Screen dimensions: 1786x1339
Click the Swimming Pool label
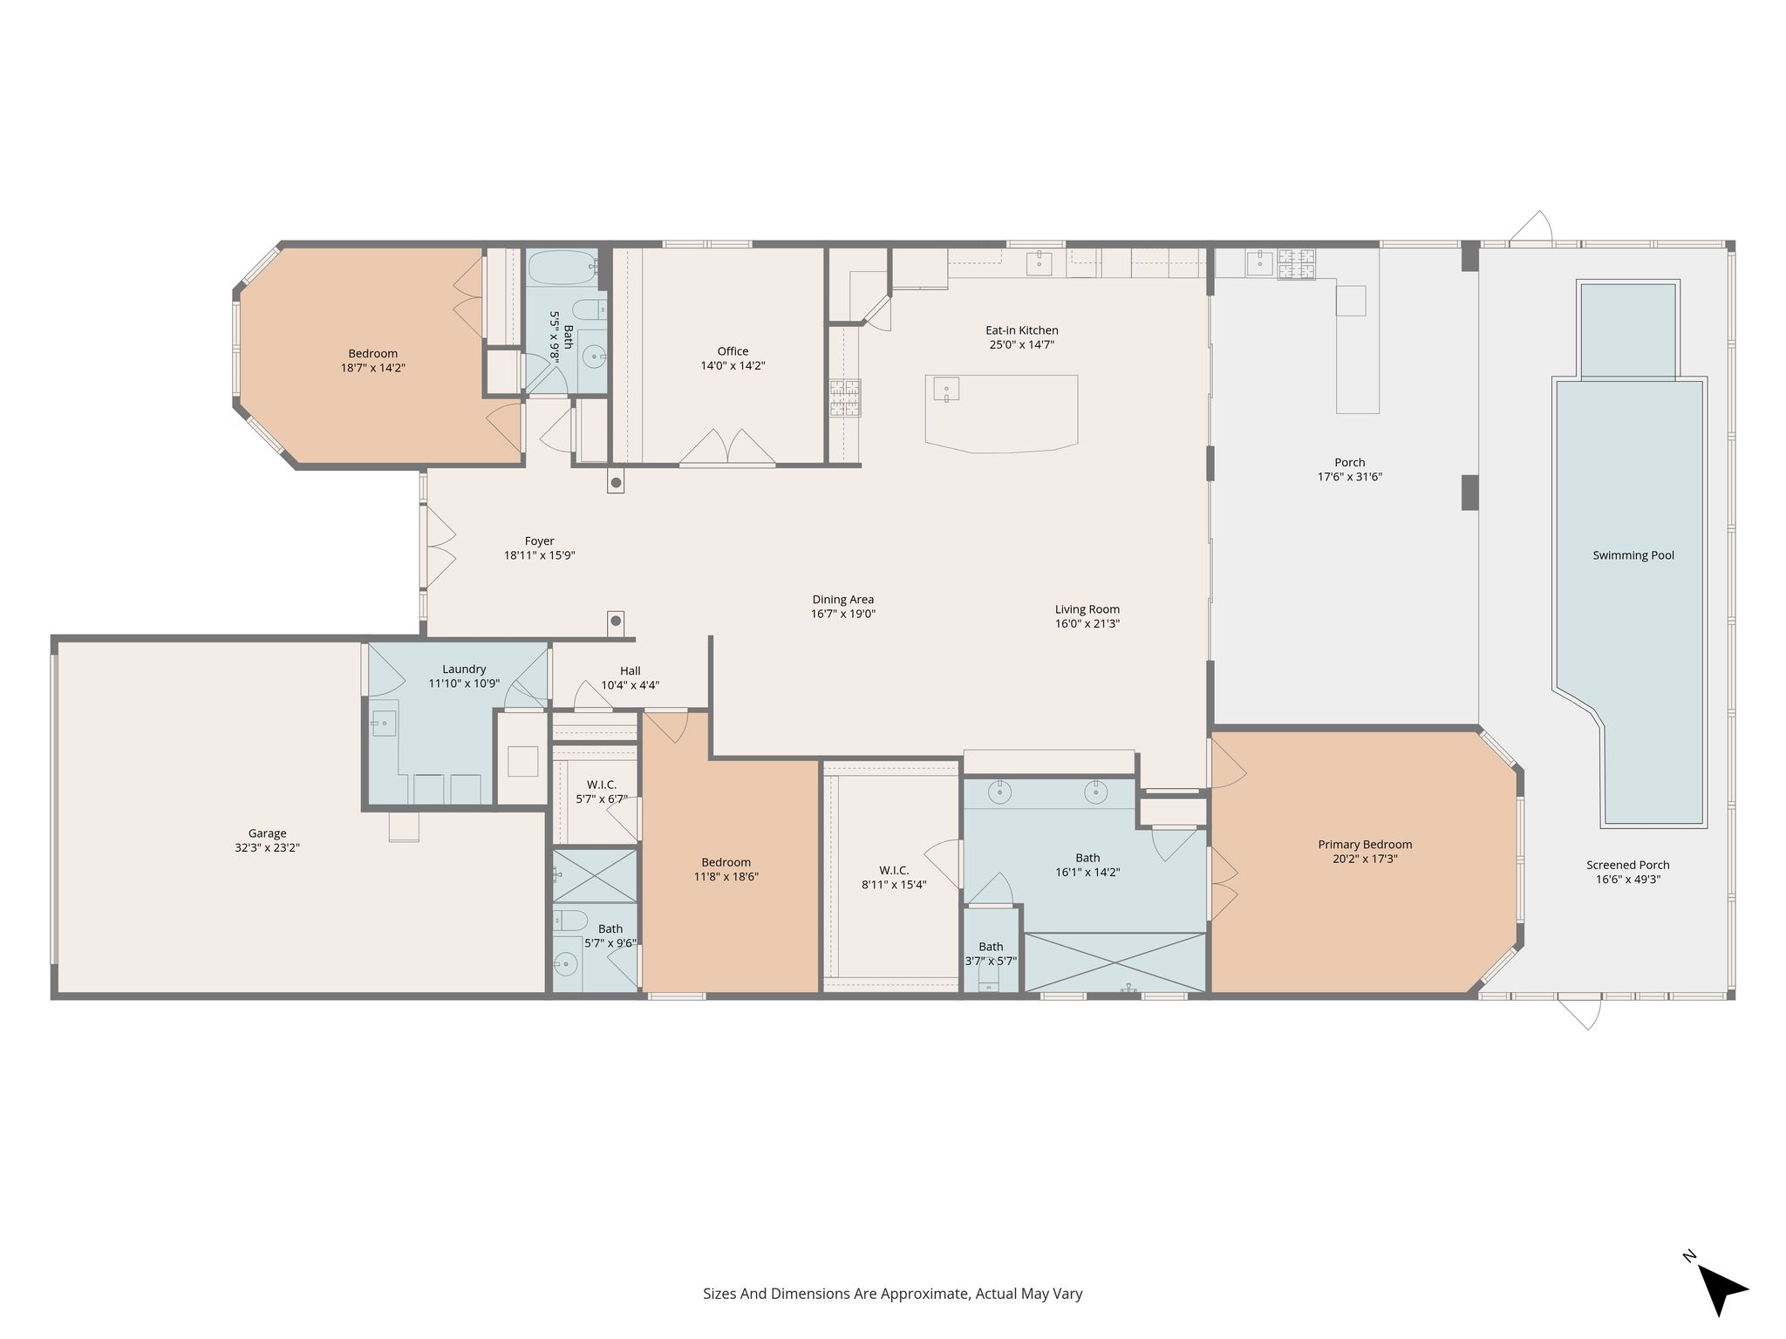pyautogui.click(x=1633, y=555)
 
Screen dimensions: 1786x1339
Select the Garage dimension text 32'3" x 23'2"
pyautogui.click(x=267, y=847)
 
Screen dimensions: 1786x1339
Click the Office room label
pyautogui.click(x=733, y=351)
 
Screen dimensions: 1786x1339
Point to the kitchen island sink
pyautogui.click(x=946, y=388)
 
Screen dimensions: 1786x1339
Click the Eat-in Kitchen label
pyautogui.click(x=1022, y=330)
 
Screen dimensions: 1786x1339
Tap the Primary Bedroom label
pyautogui.click(x=1365, y=844)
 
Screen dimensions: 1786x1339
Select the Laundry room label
pyautogui.click(x=464, y=669)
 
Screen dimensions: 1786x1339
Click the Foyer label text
pyautogui.click(x=540, y=541)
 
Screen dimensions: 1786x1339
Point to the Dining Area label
pyautogui.click(x=843, y=600)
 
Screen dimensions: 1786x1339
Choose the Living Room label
pyautogui.click(x=1087, y=609)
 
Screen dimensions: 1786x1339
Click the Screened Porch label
pyautogui.click(x=1628, y=865)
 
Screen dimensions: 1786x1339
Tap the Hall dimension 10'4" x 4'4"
pyautogui.click(x=631, y=685)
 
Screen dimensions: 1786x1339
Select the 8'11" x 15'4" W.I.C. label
pyautogui.click(x=894, y=885)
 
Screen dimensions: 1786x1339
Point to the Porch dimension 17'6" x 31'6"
pyautogui.click(x=1350, y=477)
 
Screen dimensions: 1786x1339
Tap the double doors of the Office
pyautogui.click(x=727, y=446)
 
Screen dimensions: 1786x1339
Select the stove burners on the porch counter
pyautogui.click(x=1297, y=264)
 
